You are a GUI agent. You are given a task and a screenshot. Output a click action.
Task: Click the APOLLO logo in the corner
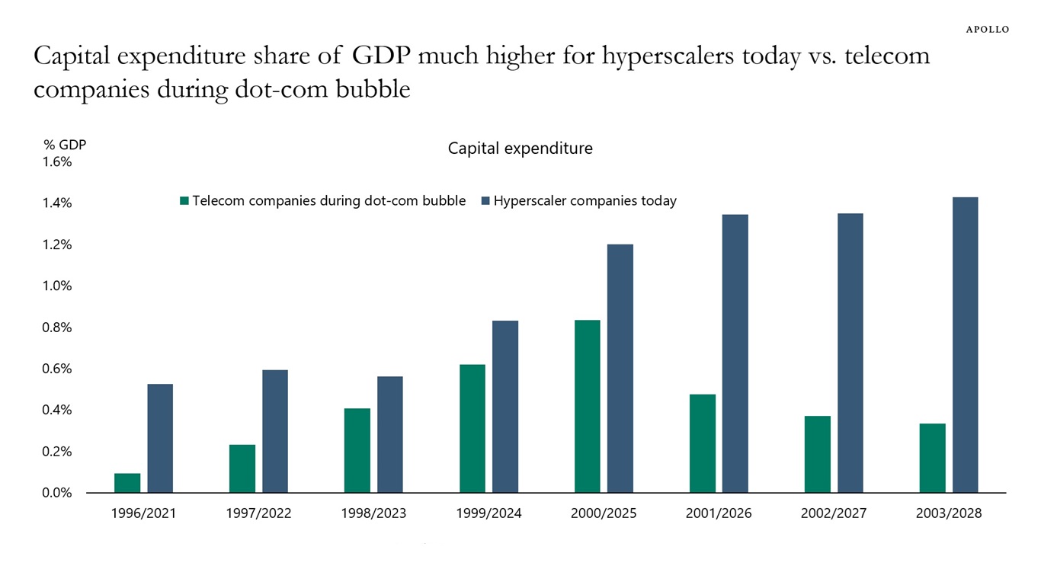tap(987, 29)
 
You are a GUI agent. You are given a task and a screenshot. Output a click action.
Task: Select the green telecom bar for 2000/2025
tap(588, 406)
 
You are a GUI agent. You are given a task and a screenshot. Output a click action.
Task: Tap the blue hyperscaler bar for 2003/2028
tap(965, 344)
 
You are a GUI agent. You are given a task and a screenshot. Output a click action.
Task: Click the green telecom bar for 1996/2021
tap(127, 483)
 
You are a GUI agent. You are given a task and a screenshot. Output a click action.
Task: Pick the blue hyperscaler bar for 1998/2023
tap(390, 434)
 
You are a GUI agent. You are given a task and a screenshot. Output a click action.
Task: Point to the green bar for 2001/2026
tap(703, 443)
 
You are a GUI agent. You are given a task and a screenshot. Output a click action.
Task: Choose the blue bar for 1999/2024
tap(505, 406)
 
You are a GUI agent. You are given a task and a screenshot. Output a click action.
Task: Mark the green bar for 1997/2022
tap(242, 468)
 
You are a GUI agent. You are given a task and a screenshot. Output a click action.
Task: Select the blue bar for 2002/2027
tap(850, 353)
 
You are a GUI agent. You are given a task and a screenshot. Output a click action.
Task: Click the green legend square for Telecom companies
tap(184, 201)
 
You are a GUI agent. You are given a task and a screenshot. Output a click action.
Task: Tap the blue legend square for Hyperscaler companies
tap(485, 201)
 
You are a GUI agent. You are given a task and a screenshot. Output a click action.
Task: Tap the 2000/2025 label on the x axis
tap(604, 513)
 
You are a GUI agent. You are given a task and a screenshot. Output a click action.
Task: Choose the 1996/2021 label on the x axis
tap(143, 513)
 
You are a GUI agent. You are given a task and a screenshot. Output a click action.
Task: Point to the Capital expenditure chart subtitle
tap(520, 149)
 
